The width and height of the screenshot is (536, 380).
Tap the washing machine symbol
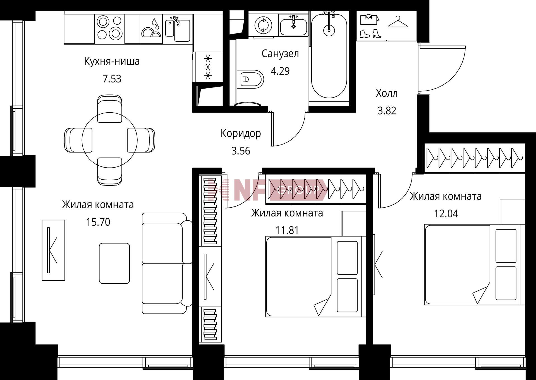[x=263, y=25]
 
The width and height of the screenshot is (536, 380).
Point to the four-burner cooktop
[x=110, y=27]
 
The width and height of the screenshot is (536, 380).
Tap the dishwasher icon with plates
[x=151, y=28]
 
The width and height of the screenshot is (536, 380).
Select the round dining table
[x=110, y=140]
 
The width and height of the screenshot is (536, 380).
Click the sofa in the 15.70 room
[x=167, y=263]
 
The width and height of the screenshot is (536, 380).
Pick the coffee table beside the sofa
[x=114, y=263]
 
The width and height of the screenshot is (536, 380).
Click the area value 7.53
[x=112, y=79]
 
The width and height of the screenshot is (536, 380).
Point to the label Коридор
[x=241, y=134]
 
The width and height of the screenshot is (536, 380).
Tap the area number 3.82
[x=387, y=111]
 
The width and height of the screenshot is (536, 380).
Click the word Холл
[x=387, y=93]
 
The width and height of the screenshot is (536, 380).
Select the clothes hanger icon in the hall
[x=398, y=22]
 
